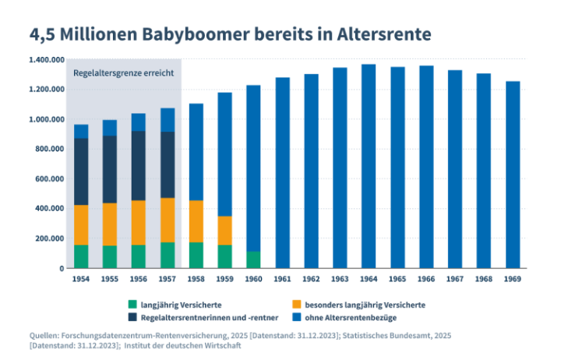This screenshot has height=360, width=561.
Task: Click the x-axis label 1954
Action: pyautogui.click(x=81, y=277)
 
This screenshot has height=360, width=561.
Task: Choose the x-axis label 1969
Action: pyautogui.click(x=512, y=277)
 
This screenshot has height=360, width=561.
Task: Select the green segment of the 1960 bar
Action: pyautogui.click(x=253, y=259)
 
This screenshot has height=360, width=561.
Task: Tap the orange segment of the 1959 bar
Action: pyautogui.click(x=224, y=230)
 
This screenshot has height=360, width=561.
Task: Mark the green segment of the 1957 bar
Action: pyautogui.click(x=168, y=255)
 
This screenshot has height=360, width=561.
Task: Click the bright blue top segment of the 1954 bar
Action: pyautogui.click(x=81, y=131)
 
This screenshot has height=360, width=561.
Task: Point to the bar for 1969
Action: pyautogui.click(x=512, y=175)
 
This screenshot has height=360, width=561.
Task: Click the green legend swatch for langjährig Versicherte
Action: pyautogui.click(x=132, y=304)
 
